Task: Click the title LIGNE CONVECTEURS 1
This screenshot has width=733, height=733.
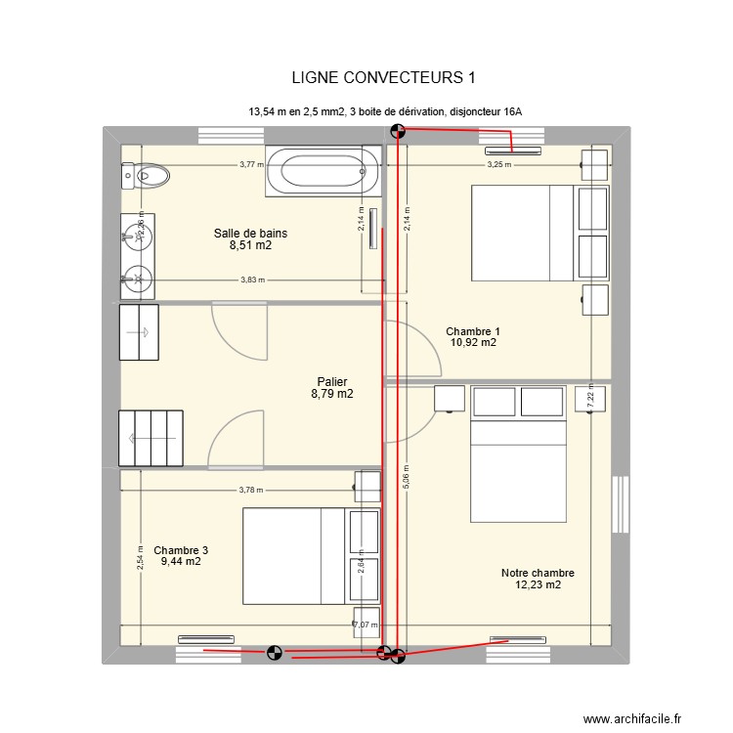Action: click(383, 77)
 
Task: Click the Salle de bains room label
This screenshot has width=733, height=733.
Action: click(250, 233)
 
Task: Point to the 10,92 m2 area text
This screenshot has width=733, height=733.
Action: click(473, 343)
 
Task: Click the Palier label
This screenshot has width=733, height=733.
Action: click(332, 382)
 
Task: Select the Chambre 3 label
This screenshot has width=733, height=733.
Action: click(180, 550)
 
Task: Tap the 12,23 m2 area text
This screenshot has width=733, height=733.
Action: click(537, 585)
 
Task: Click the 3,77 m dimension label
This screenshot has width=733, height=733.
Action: click(251, 165)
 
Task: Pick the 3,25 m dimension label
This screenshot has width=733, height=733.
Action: click(499, 165)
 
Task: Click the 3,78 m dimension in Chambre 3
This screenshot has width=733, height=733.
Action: click(251, 491)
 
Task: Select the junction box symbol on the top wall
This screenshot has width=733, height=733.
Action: click(396, 131)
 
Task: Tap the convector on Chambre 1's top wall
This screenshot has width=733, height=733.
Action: click(512, 151)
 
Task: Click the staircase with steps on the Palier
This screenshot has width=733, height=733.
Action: click(151, 437)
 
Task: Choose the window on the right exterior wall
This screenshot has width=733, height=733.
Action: click(619, 504)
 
